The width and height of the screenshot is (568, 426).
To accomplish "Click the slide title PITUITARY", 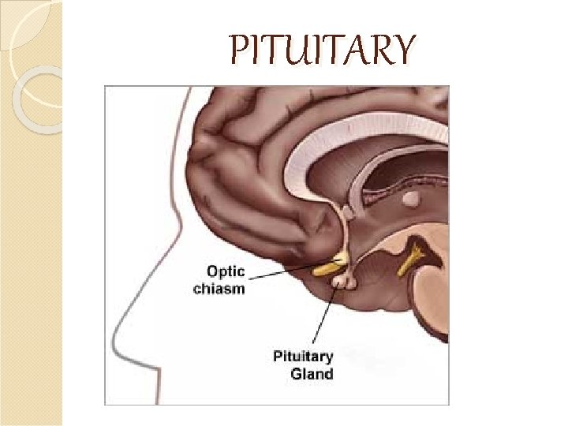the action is click(320, 51).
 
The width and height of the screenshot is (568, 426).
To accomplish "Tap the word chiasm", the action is click(219, 289).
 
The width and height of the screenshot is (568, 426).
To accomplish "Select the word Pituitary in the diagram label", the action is click(303, 357).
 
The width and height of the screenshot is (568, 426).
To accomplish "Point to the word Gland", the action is click(312, 373).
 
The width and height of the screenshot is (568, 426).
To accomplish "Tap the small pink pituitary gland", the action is click(341, 280).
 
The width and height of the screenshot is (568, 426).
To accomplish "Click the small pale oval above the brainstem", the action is click(410, 200).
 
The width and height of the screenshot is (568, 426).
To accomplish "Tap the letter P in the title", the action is click(237, 51).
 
